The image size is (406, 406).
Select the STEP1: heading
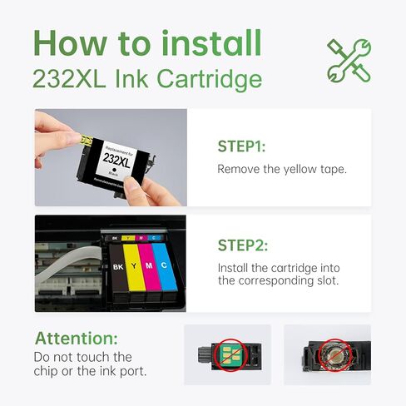click(241, 146)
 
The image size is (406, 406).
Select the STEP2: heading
click(241, 245)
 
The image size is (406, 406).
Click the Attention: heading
click(77, 339)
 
